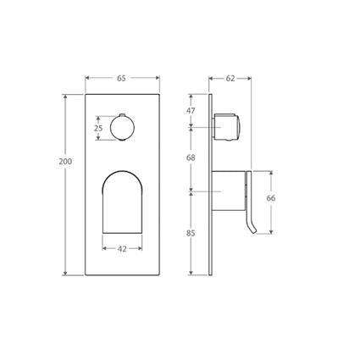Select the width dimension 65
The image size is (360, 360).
pyautogui.click(x=122, y=78)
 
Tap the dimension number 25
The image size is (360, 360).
pyautogui.click(x=98, y=128)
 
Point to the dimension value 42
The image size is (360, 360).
pyautogui.click(x=122, y=249)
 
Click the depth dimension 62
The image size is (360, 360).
pyautogui.click(x=230, y=78)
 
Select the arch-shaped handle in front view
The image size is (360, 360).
pyautogui.click(x=122, y=202)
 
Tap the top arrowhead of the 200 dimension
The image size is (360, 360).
pyautogui.click(x=65, y=95)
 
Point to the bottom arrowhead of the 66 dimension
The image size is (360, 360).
pyautogui.click(x=271, y=230)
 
